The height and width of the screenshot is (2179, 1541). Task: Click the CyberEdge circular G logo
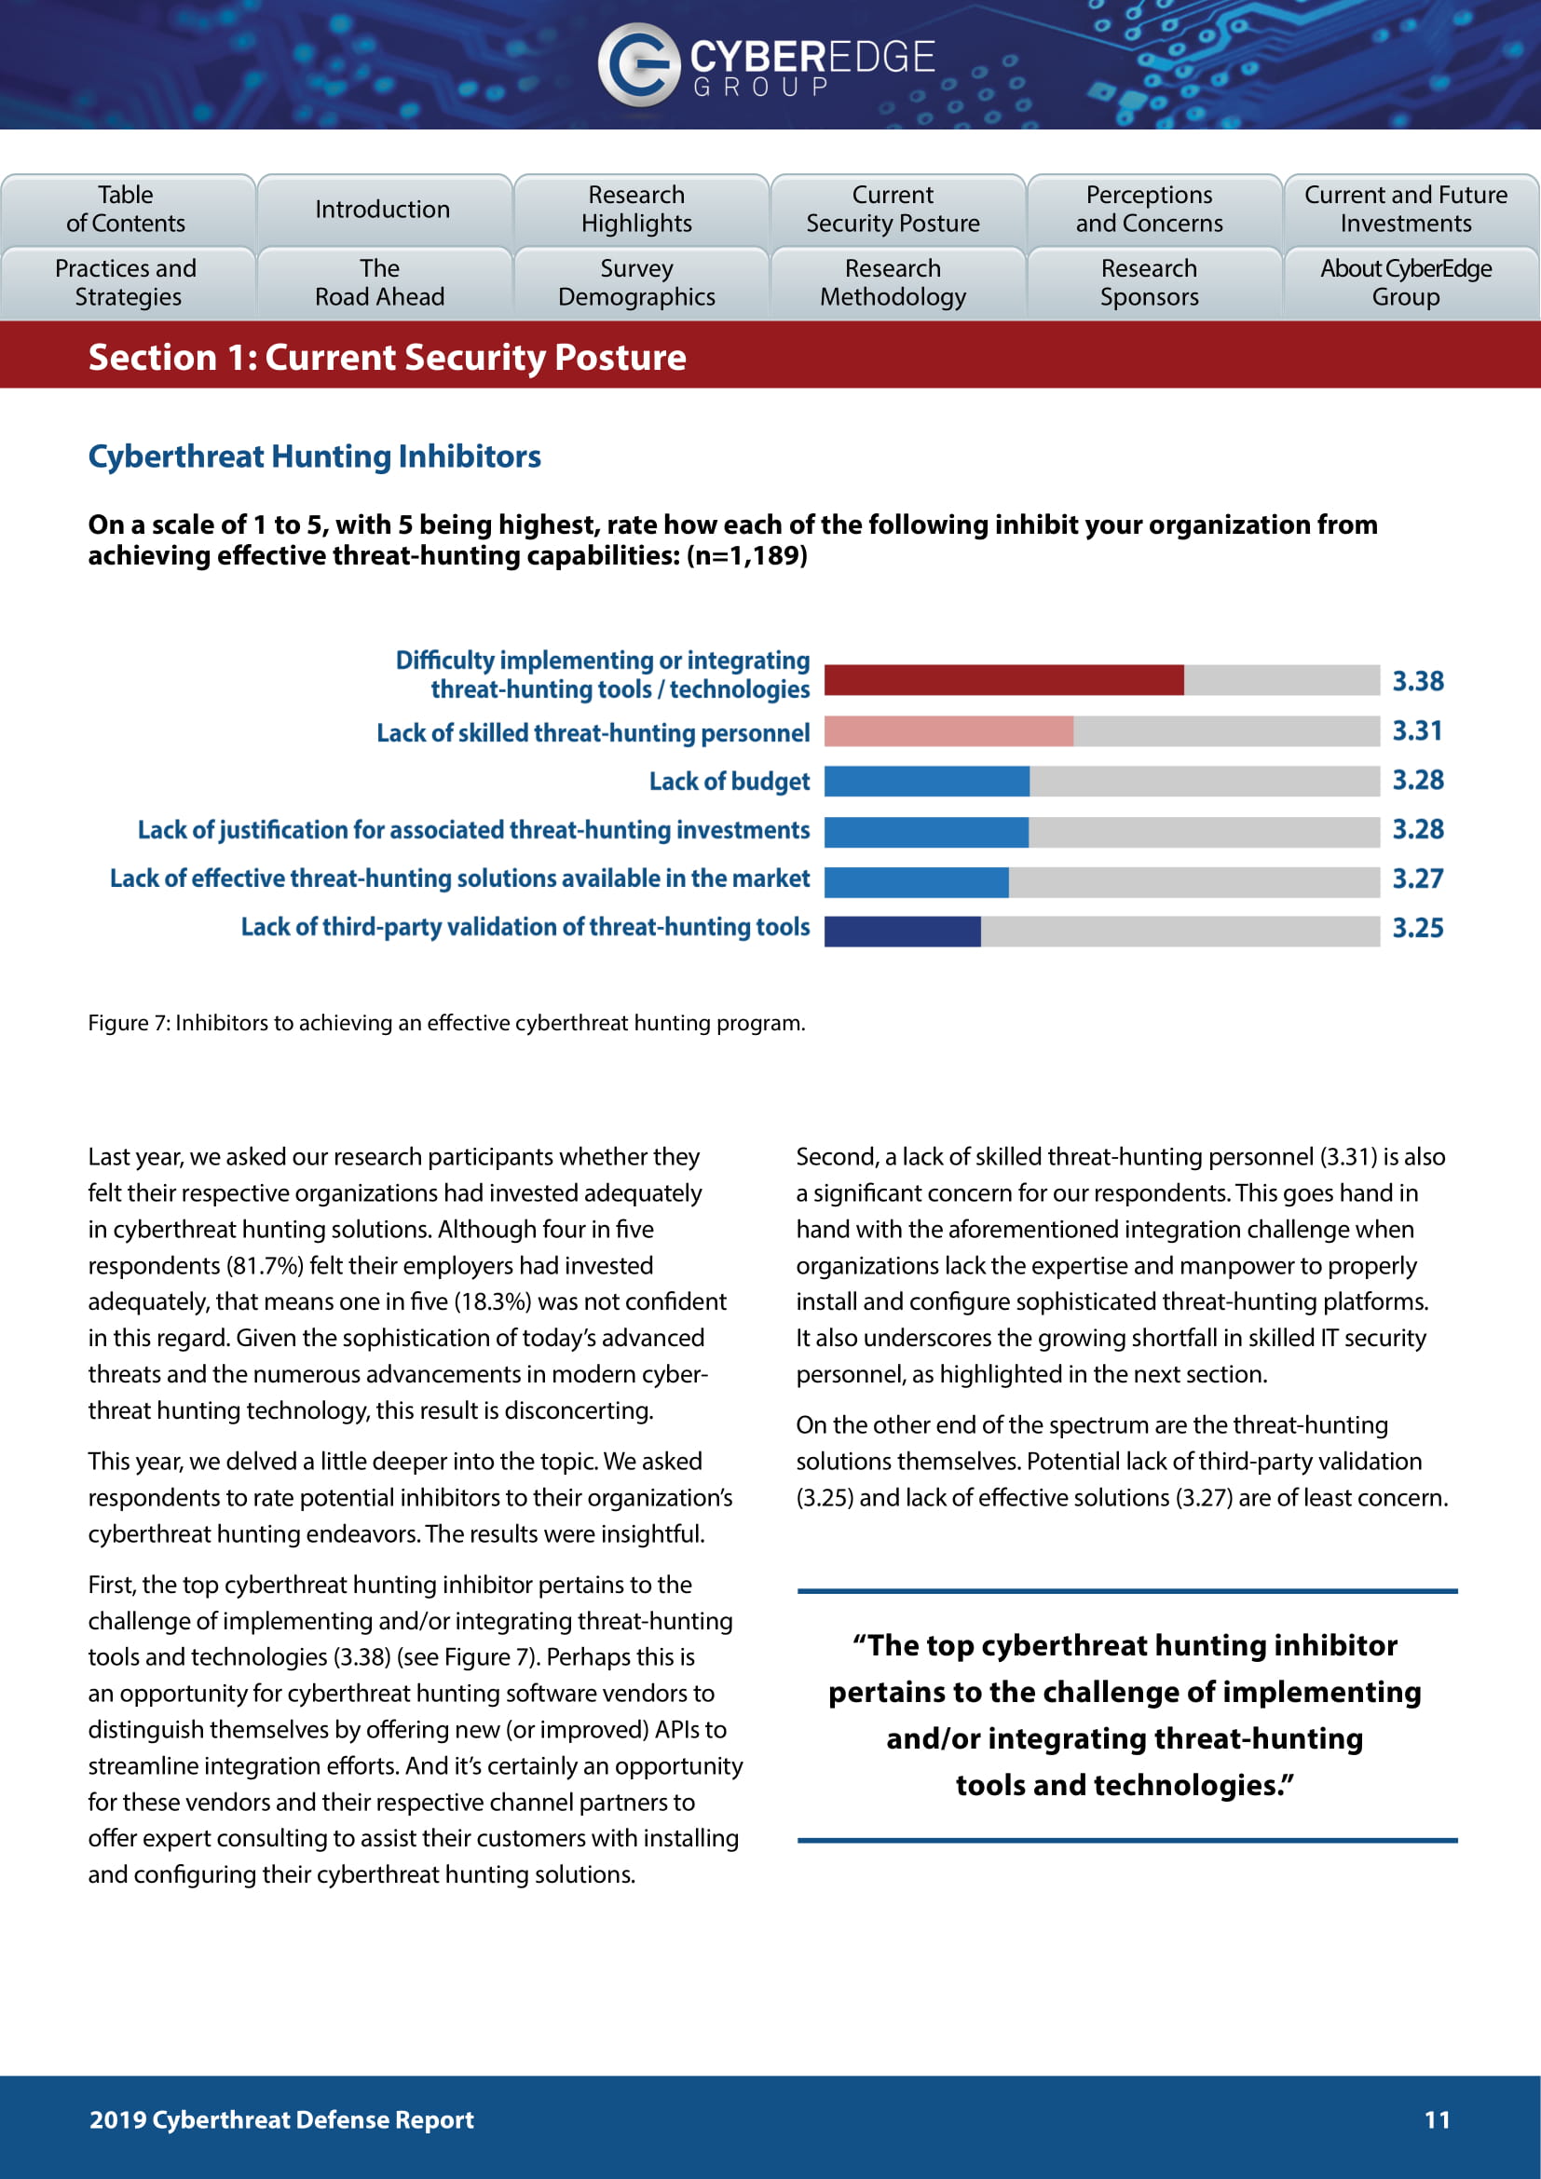[x=637, y=64]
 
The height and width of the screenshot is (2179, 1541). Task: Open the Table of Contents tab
[x=126, y=209]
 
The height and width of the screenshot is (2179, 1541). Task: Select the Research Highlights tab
[x=636, y=209]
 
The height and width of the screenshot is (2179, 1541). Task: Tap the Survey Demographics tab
[x=636, y=283]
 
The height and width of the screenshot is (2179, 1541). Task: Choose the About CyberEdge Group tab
[x=1405, y=283]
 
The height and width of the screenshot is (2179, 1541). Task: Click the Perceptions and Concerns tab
[x=1149, y=209]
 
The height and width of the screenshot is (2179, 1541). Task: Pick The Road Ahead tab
[x=379, y=283]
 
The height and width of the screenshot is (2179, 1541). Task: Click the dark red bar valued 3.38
[x=1003, y=680]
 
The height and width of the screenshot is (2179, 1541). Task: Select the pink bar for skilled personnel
[x=948, y=730]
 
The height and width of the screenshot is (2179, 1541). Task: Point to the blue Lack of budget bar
[x=926, y=781]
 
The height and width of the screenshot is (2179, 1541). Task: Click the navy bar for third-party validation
[x=902, y=931]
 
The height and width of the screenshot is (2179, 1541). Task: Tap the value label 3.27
[x=1418, y=878]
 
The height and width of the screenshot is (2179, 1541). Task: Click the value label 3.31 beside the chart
[x=1418, y=730]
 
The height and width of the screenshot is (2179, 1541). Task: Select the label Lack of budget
[x=729, y=781]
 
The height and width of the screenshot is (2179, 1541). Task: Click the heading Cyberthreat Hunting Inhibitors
[x=314, y=456]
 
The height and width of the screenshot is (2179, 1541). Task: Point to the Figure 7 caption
[x=446, y=1023]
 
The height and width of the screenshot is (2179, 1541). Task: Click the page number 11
[x=1437, y=2119]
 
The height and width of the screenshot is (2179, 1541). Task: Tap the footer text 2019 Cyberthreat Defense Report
[x=280, y=2119]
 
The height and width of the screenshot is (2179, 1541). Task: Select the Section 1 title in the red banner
[x=388, y=358]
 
